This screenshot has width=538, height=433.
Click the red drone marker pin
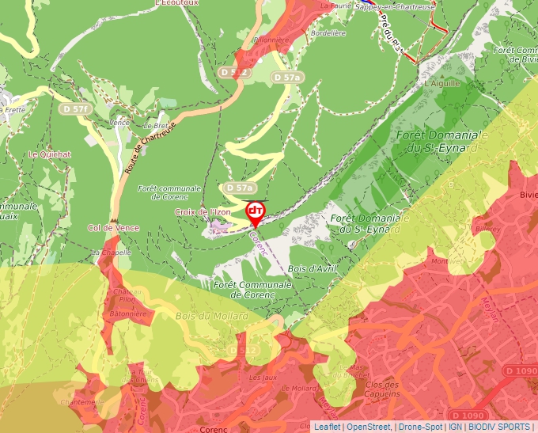pos(256,212)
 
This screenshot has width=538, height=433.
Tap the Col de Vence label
pos(113,228)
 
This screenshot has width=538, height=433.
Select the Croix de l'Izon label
pos(203,212)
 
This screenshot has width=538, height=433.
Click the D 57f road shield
pos(76,108)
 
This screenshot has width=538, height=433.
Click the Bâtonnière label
pos(128,313)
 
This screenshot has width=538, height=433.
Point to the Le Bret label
pos(154,126)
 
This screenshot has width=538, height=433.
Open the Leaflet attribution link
pos(328,427)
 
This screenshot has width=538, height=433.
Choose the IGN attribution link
pos(455,427)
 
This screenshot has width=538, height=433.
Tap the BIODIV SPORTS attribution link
pos(498,427)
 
